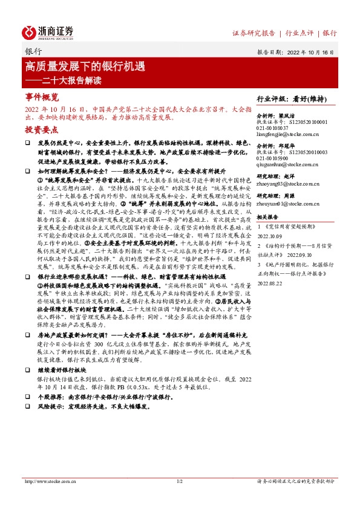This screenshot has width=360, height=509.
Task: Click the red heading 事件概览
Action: (42, 97)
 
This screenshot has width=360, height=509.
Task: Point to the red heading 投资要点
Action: (42, 130)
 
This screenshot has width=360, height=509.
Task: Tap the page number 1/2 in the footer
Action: (179, 481)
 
